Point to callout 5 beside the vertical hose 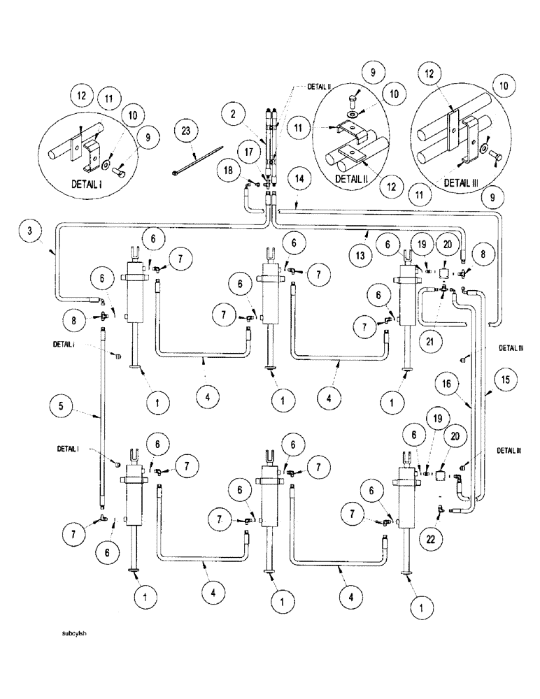coord(61,405)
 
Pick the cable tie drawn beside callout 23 coord(197,159)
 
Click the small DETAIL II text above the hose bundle coord(319,87)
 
